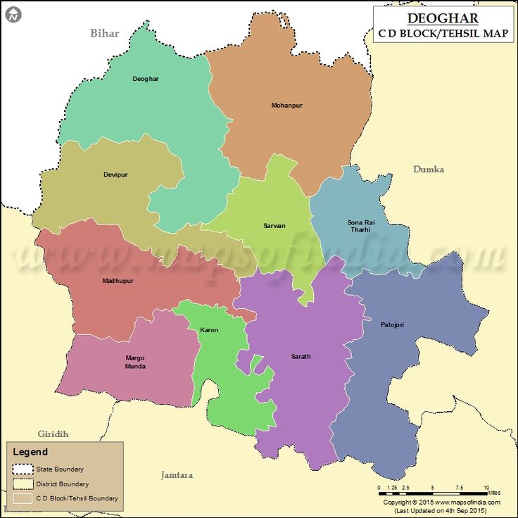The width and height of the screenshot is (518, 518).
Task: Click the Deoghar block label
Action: coord(146,79)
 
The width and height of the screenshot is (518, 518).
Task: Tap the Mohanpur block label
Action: coord(286,106)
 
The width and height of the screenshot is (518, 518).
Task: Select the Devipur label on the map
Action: coord(115,175)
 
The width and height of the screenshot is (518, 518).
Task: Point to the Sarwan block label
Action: coord(274,226)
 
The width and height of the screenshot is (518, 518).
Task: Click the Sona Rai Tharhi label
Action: coord(361,226)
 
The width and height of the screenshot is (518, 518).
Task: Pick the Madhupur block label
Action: coord(118,281)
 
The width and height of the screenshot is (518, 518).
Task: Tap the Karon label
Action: coord(209,330)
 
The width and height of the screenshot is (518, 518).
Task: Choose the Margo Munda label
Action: coord(135,362)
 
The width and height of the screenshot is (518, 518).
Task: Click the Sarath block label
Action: coord(301,357)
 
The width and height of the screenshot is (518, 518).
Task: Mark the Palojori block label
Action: coord(392,324)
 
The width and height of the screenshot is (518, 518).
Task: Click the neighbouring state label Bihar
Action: coord(105,33)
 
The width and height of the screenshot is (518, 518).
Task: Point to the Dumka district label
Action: coord(429,170)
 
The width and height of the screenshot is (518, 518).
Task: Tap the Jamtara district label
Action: coord(176,475)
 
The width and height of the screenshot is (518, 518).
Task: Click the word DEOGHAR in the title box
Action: coord(443,18)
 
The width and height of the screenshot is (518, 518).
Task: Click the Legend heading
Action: coord(30,453)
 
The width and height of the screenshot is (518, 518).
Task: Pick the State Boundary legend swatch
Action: coord(23,469)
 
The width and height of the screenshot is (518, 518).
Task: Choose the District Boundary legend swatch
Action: coord(23,484)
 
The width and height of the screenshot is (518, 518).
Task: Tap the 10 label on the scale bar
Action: coord(486,488)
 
